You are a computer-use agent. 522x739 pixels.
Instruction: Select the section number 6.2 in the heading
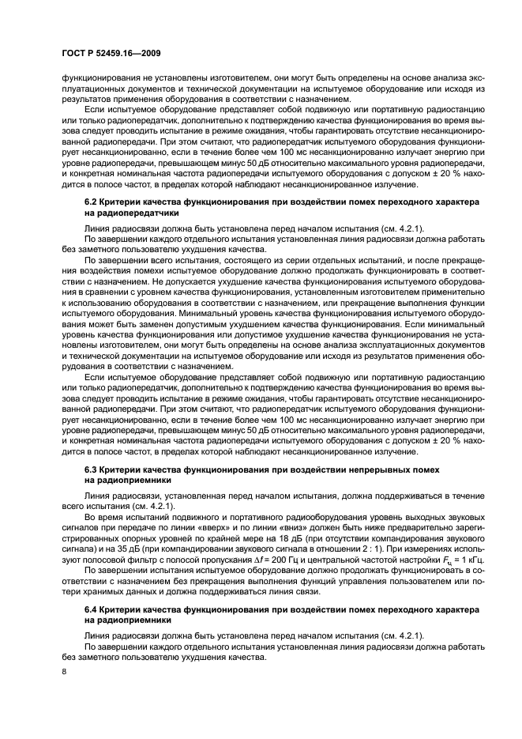coord(92,202)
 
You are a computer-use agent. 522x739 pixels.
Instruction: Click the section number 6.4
coord(92,612)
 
